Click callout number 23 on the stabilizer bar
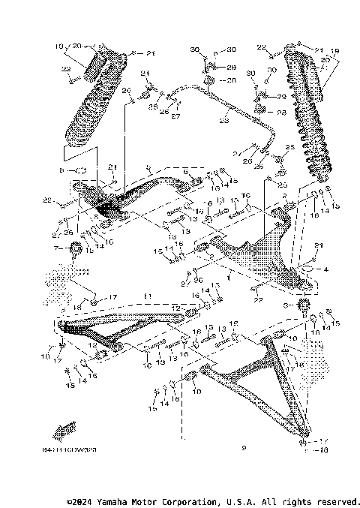click(x=224, y=121)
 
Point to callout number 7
click(x=55, y=247)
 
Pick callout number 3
click(x=283, y=307)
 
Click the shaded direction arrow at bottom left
click(x=64, y=429)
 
